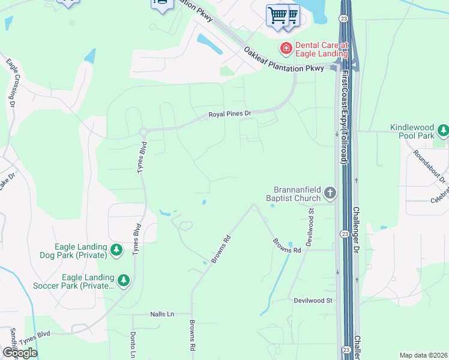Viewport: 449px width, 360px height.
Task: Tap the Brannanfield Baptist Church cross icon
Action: coord(330,193)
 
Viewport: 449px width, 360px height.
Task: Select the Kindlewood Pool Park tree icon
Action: coord(443,130)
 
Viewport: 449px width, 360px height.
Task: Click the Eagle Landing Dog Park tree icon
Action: coord(116,250)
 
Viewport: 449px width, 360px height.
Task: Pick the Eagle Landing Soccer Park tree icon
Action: coord(124,280)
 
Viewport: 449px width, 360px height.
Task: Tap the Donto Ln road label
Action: coord(133,342)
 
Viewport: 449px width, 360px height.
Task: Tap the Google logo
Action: coord(19,352)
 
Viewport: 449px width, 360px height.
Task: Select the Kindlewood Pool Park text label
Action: coord(412,131)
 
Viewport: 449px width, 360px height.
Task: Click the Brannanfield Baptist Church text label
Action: coord(294,193)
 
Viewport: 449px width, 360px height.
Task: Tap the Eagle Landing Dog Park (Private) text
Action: coord(80,251)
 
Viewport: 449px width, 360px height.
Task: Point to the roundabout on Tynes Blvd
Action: coord(143,131)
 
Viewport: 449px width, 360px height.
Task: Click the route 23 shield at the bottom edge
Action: coord(345,349)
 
